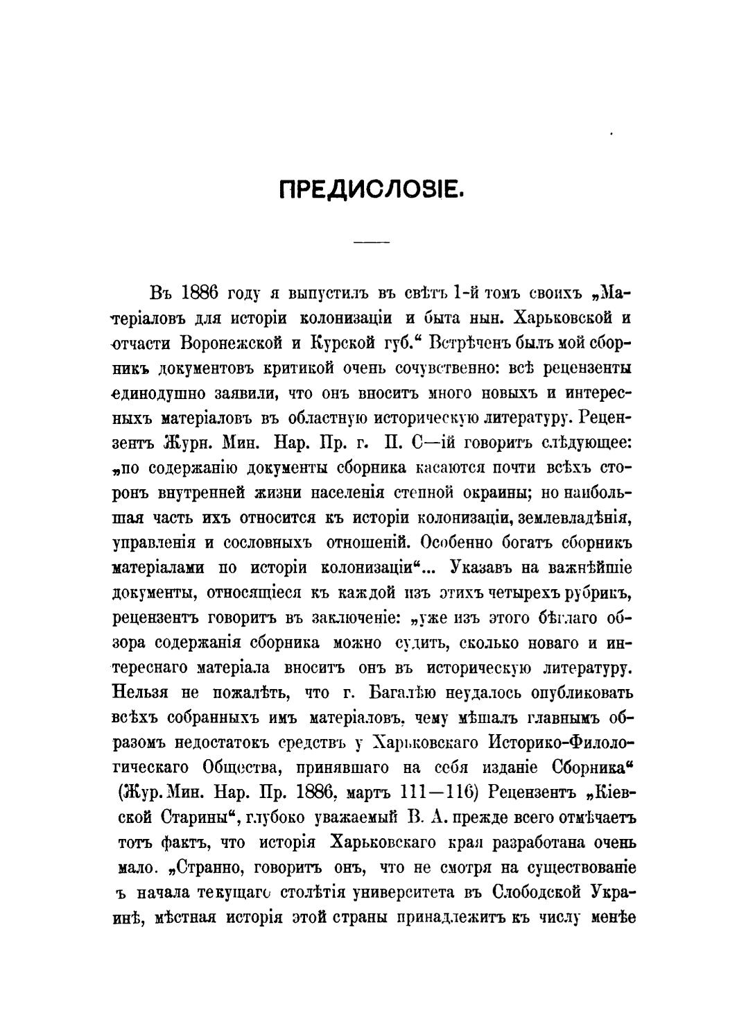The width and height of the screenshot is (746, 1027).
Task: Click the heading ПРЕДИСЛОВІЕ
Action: [x=372, y=189]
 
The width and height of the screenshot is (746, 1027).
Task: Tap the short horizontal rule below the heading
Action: [x=372, y=242]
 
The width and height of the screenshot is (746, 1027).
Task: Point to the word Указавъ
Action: [x=480, y=568]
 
